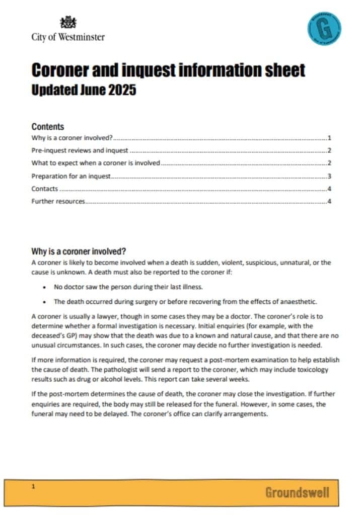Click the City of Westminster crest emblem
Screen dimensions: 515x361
[x=68, y=22]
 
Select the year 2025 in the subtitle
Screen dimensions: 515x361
[x=122, y=91]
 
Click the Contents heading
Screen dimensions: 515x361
[x=48, y=127]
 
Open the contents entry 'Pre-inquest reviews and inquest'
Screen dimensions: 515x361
[x=80, y=150]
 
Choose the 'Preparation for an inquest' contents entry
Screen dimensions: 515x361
[x=71, y=176]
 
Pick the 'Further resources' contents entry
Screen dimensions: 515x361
[x=58, y=202]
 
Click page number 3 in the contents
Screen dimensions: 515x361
[x=329, y=176]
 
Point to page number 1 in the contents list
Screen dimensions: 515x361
[x=329, y=137]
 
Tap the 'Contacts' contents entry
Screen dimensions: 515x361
[x=44, y=189]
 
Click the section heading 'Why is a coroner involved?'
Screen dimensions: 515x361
[x=79, y=251]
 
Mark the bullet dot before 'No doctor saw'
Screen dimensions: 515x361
[x=45, y=287]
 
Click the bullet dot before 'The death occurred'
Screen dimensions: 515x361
[x=45, y=302]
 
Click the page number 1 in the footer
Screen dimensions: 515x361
[x=33, y=486]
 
